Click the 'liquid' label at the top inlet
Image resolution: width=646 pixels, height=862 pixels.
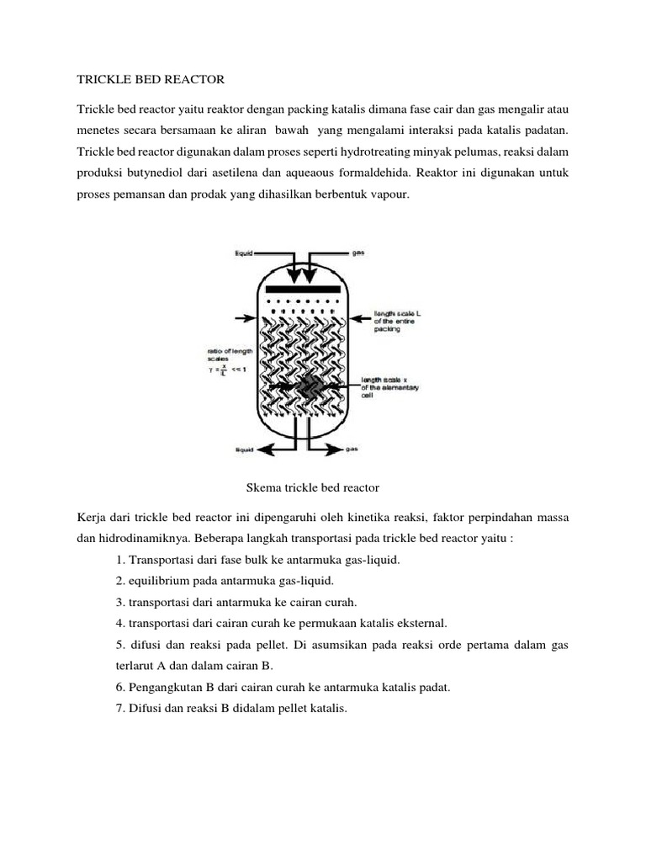tap(242, 252)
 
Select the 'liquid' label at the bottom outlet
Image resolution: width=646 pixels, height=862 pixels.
tap(243, 450)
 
